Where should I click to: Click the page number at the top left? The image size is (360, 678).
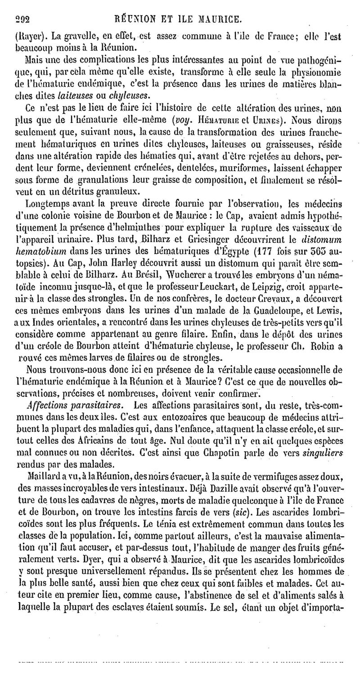click(x=22, y=19)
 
